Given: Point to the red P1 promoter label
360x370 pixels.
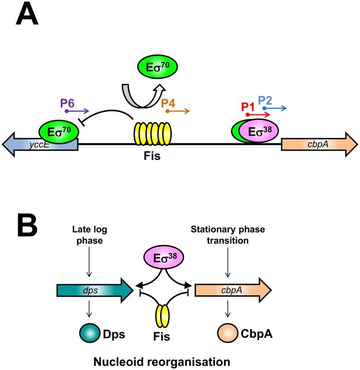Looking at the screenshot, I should [x=249, y=106].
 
